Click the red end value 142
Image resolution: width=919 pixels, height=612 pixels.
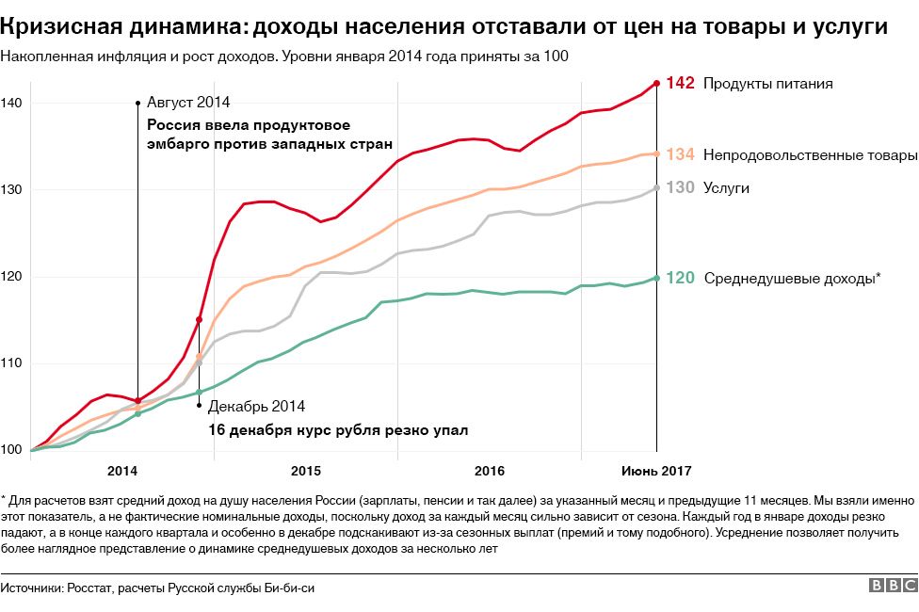680,83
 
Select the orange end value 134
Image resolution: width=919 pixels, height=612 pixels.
680,154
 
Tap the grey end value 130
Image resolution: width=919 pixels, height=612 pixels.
680,188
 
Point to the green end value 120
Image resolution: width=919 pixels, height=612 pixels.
680,278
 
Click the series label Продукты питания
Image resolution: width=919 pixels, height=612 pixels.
768,84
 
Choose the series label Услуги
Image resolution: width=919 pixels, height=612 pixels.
726,188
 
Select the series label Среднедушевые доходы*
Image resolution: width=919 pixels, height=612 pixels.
792,278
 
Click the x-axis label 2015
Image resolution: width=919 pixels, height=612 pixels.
306,470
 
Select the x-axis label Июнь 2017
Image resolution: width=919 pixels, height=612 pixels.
656,470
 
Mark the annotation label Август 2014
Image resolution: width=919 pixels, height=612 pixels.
188,102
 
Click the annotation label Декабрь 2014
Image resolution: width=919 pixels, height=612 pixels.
256,407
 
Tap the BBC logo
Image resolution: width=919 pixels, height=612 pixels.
891,587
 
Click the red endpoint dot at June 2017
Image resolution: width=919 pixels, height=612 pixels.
656,83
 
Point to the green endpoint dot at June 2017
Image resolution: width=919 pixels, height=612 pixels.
656,278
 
